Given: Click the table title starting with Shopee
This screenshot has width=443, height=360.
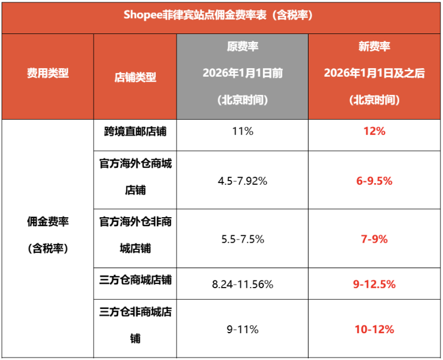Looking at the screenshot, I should (221, 16).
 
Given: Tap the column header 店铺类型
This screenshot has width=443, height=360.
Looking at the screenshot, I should (135, 77).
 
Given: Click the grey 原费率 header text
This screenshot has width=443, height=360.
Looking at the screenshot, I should (243, 47).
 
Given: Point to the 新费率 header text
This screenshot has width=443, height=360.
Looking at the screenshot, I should (374, 47).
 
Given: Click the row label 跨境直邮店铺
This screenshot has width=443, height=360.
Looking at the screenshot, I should (135, 131).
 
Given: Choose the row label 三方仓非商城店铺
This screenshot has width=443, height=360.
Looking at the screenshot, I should (135, 325).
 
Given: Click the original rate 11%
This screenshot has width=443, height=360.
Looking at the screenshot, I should (243, 131).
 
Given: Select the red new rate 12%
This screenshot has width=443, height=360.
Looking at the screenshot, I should (374, 131).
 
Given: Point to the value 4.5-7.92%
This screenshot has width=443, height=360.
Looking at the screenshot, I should (243, 181).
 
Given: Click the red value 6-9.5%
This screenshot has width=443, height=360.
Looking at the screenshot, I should (374, 181).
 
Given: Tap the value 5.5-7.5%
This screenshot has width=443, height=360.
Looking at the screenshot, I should (243, 239).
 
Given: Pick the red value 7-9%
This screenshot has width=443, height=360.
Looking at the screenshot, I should (374, 239).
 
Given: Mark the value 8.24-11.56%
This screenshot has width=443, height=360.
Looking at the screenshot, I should (243, 284).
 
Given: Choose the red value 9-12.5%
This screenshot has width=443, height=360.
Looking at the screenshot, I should (374, 284).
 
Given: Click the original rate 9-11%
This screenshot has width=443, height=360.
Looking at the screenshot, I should (243, 330).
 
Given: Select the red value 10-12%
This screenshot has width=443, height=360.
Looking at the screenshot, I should (374, 330).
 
